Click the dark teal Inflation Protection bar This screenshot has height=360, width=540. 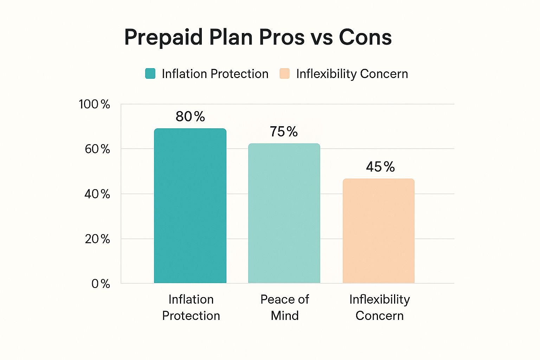click(x=190, y=206)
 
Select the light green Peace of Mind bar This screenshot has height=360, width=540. click(x=284, y=213)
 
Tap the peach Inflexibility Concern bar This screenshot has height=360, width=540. click(x=379, y=231)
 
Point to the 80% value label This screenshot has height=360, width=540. click(x=190, y=116)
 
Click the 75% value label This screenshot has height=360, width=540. click(x=284, y=131)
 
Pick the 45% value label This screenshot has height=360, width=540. click(x=380, y=167)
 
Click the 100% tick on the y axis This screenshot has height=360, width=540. click(x=95, y=104)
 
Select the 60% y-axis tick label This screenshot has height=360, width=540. click(x=97, y=149)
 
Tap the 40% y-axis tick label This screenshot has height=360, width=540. click(x=97, y=194)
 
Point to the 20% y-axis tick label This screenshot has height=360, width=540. click(x=97, y=239)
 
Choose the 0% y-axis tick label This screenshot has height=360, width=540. click(x=101, y=284)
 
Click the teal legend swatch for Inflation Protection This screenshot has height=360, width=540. click(x=150, y=73)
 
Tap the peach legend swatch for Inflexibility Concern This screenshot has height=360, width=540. click(x=284, y=73)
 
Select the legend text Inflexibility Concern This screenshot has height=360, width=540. click(x=352, y=74)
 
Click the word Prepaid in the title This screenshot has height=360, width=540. click(x=163, y=37)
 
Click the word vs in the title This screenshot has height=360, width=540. click(x=321, y=38)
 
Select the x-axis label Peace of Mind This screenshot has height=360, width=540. click(x=284, y=307)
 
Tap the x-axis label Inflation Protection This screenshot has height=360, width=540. click(x=191, y=307)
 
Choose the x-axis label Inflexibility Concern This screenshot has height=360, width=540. click(x=379, y=307)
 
